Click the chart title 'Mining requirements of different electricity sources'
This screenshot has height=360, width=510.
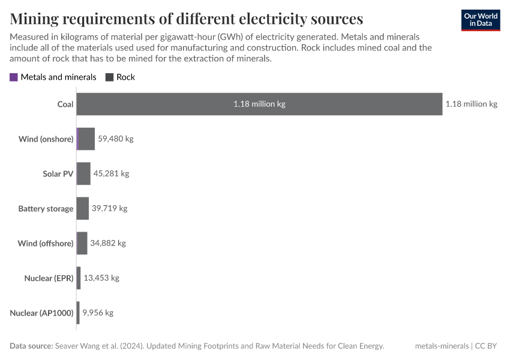coord(186,18)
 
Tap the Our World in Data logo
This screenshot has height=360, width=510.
coord(481,20)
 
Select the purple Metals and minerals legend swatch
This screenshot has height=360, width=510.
coord(14,77)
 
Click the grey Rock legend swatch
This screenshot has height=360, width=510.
coord(109,77)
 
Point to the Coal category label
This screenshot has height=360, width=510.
coord(65,104)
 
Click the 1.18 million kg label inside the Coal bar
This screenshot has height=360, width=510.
coord(259,104)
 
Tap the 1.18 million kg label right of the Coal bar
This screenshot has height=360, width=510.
coord(471,104)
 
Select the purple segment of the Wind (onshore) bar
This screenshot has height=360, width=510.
coord(78,139)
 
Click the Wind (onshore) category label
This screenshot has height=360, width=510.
coord(46,139)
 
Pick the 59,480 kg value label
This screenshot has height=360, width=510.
coord(115,139)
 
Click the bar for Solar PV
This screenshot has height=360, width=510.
coord(83,174)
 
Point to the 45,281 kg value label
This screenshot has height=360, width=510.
coord(111,174)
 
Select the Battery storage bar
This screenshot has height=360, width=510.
coord(83,209)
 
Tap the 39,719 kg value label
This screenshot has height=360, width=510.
coord(109,209)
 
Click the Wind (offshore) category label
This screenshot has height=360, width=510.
coord(46,244)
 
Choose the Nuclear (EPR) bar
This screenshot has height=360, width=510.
coord(79,278)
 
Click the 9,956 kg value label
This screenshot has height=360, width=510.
coord(98,313)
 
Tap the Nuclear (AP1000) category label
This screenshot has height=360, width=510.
coord(41,313)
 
